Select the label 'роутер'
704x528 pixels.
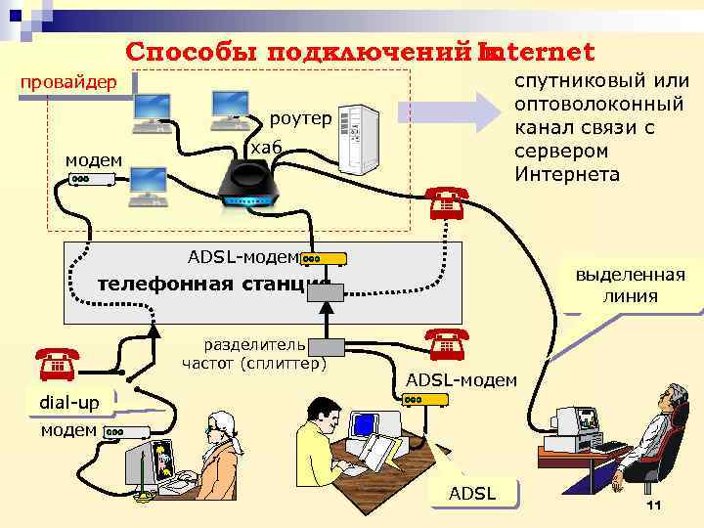click(x=301, y=118)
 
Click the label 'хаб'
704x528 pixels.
click(x=266, y=147)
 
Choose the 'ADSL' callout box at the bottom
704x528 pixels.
click(x=472, y=493)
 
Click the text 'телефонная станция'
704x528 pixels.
click(x=215, y=285)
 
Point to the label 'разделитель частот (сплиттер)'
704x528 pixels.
click(x=254, y=354)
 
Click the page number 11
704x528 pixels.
click(x=654, y=505)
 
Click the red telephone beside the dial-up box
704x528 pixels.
click(x=56, y=364)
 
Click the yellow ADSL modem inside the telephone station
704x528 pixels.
click(x=324, y=259)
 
